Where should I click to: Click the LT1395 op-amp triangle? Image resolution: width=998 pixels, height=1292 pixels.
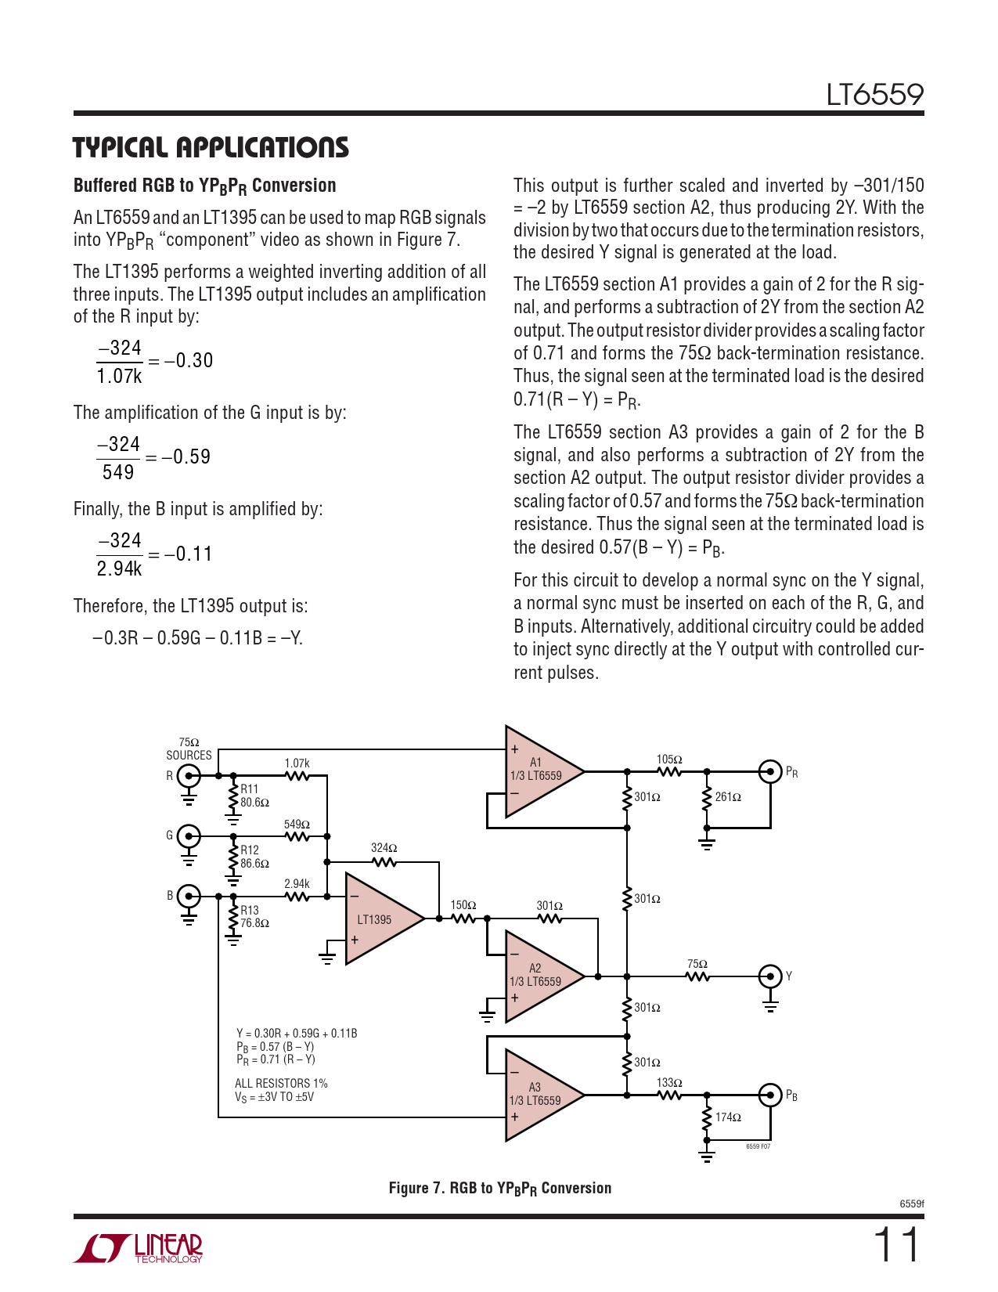pyautogui.click(x=380, y=918)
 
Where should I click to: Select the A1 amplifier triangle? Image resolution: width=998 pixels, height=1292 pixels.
pyautogui.click(x=539, y=771)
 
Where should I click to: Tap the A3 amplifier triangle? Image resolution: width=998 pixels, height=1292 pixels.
pyautogui.click(x=539, y=1095)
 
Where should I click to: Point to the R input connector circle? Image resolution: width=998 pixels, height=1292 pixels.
pyautogui.click(x=189, y=776)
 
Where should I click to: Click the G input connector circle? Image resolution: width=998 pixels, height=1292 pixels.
pyautogui.click(x=189, y=836)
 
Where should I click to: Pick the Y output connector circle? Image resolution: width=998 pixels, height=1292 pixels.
pyautogui.click(x=770, y=976)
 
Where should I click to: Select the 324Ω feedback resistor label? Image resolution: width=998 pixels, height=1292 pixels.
pyautogui.click(x=384, y=848)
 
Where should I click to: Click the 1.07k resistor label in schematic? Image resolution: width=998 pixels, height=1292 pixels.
pyautogui.click(x=297, y=763)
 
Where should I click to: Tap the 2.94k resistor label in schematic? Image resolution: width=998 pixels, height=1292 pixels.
pyautogui.click(x=297, y=884)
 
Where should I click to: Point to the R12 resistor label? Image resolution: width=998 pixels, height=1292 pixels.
pyautogui.click(x=250, y=850)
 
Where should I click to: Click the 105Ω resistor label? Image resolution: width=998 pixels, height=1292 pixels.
pyautogui.click(x=669, y=760)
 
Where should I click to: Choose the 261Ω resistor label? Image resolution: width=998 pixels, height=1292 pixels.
pyautogui.click(x=728, y=797)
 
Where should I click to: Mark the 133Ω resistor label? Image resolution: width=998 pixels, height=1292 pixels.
pyautogui.click(x=669, y=1083)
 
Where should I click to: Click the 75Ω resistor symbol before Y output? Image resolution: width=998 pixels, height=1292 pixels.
pyautogui.click(x=697, y=976)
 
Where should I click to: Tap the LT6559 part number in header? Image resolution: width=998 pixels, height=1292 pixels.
pyautogui.click(x=875, y=95)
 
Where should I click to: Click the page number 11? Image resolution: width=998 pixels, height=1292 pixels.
pyautogui.click(x=896, y=1245)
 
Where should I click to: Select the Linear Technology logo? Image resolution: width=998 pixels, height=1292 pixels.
pyautogui.click(x=138, y=1248)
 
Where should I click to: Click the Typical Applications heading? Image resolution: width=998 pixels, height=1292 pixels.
pyautogui.click(x=211, y=147)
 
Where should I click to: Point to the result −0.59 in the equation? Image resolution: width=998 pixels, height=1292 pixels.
pyautogui.click(x=186, y=457)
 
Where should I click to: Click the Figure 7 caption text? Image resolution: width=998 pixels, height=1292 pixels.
pyautogui.click(x=500, y=1189)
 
